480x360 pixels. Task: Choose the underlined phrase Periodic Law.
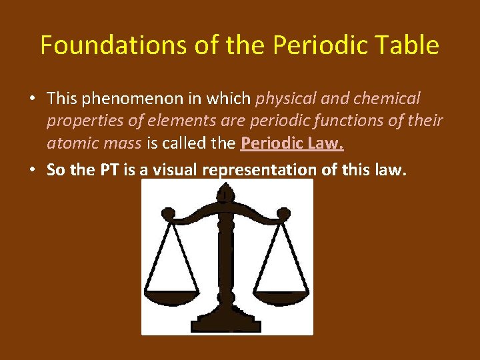(292, 143)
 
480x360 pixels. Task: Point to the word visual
(175, 170)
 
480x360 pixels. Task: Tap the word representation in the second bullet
(261, 170)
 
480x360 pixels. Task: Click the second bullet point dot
(32, 171)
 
